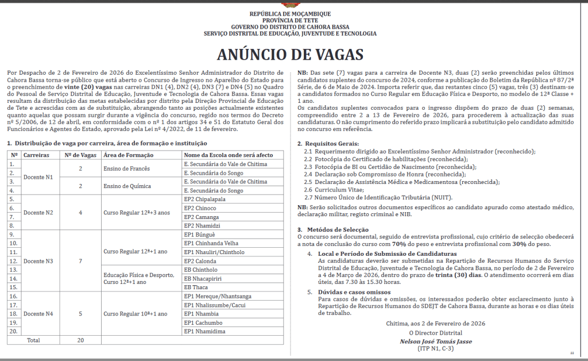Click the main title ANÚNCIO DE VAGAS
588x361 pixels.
coord(290,54)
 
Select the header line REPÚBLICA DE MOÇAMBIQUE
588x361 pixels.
coord(290,13)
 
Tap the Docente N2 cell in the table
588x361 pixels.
coord(38,212)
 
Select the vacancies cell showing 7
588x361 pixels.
coord(80,261)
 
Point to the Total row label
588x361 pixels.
coord(33,340)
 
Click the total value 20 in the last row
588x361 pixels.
coord(80,340)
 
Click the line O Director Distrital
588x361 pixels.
coord(427,332)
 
